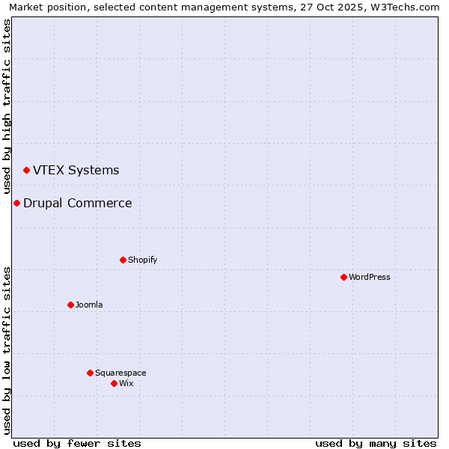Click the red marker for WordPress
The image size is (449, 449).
343,277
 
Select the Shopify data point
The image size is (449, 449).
123,260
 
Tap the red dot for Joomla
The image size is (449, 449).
70,305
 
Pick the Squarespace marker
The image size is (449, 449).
90,373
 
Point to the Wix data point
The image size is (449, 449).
114,383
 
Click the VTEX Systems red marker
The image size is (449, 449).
26,171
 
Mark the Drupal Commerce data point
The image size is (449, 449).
16,203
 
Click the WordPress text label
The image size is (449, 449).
370,277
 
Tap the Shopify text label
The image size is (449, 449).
142,260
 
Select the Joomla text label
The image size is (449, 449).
89,305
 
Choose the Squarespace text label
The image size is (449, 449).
120,373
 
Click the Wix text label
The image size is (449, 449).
126,383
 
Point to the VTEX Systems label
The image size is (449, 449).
76,170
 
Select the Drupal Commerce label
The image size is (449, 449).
78,203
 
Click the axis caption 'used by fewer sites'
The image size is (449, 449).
77,443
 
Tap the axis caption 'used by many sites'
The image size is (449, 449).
376,443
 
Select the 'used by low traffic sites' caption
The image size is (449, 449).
7,349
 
